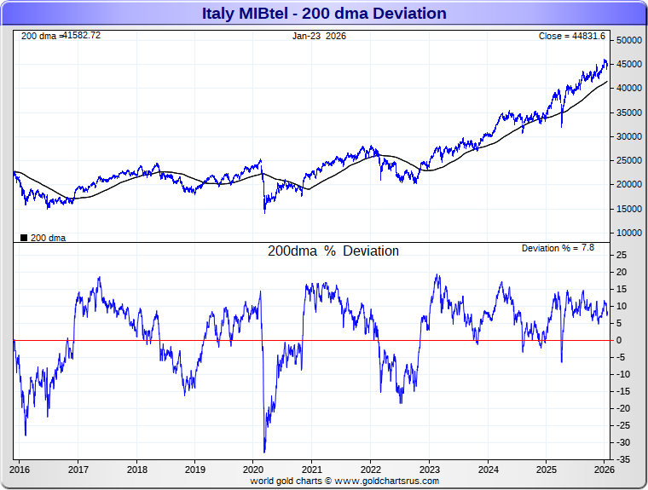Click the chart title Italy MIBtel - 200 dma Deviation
click(324, 13)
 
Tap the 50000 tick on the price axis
click(629, 40)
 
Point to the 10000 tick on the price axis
click(629, 233)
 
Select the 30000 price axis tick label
click(629, 136)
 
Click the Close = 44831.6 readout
click(571, 36)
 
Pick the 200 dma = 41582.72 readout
click(61, 36)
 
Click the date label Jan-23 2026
click(319, 36)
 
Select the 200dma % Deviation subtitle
click(333, 251)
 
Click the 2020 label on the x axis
click(253, 469)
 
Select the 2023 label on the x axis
click(429, 469)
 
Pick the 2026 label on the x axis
click(604, 469)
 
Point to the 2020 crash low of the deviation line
click(264, 452)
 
